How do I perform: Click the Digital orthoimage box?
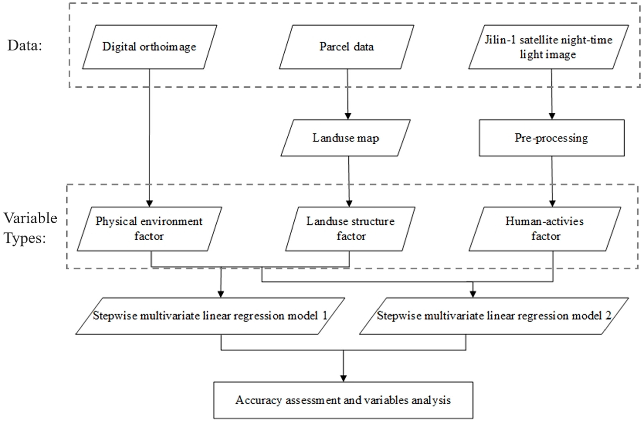tap(149, 47)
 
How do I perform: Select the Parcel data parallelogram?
tap(347, 47)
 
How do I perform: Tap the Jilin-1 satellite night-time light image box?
tap(548, 47)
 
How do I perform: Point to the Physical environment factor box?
tap(149, 229)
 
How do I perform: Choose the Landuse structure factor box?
tap(350, 229)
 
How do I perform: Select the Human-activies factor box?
tap(545, 229)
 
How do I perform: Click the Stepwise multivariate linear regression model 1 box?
tap(210, 316)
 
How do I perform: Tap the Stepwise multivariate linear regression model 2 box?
tap(494, 316)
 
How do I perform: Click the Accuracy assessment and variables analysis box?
tap(343, 400)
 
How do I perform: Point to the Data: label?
tap(25, 45)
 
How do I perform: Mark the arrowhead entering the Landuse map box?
tap(348, 116)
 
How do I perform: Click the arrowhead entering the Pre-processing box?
tap(552, 116)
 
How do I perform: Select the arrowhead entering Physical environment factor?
tap(149, 204)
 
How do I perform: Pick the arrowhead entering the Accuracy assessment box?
tap(343, 378)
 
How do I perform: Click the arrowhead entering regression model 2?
tap(473, 294)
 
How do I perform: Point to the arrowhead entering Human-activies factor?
tap(552, 204)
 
